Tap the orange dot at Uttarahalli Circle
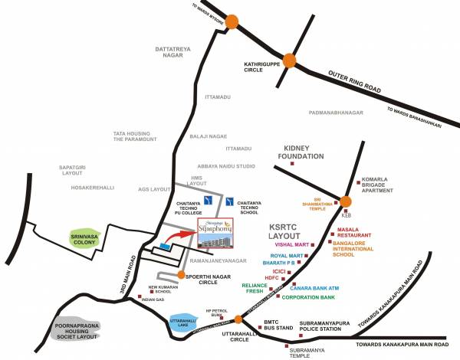point(238,319)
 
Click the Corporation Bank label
point(310,296)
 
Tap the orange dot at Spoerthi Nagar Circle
point(181,274)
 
